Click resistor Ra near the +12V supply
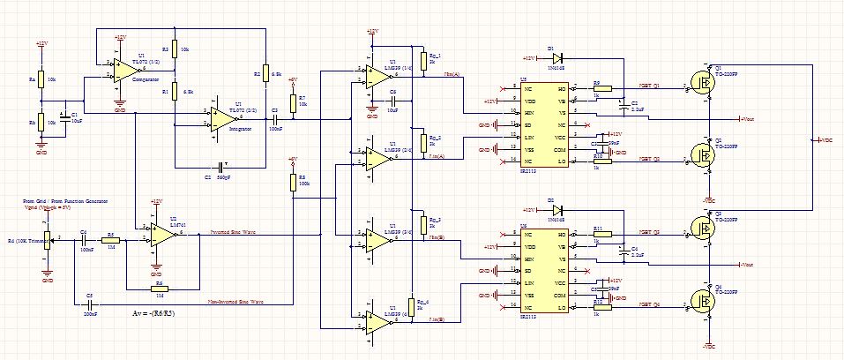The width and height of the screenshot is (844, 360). (41, 79)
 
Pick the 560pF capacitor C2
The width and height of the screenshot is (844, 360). (220, 167)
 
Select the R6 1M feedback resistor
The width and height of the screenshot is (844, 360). (160, 289)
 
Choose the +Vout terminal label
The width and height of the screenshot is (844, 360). (748, 119)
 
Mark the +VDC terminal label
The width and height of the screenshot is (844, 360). (825, 140)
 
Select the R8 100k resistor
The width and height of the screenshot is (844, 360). (292, 182)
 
